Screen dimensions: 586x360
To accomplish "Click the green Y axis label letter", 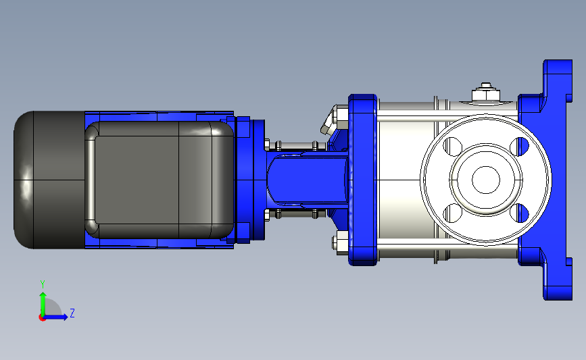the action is (43, 284).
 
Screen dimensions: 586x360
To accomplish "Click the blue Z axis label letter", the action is (72, 313).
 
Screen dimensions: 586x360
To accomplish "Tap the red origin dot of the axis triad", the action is (42, 318).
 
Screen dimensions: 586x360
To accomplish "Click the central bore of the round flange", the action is (486, 180).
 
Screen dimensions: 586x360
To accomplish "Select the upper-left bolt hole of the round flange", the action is (453, 147).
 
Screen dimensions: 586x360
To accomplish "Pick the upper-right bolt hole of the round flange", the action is (520, 147).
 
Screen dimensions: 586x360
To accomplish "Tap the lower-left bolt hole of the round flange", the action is (453, 213).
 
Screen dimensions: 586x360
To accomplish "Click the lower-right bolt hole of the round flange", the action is (520, 213).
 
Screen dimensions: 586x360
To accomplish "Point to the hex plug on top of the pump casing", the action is (486, 92).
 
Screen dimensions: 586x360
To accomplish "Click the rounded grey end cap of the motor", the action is (49, 180).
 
